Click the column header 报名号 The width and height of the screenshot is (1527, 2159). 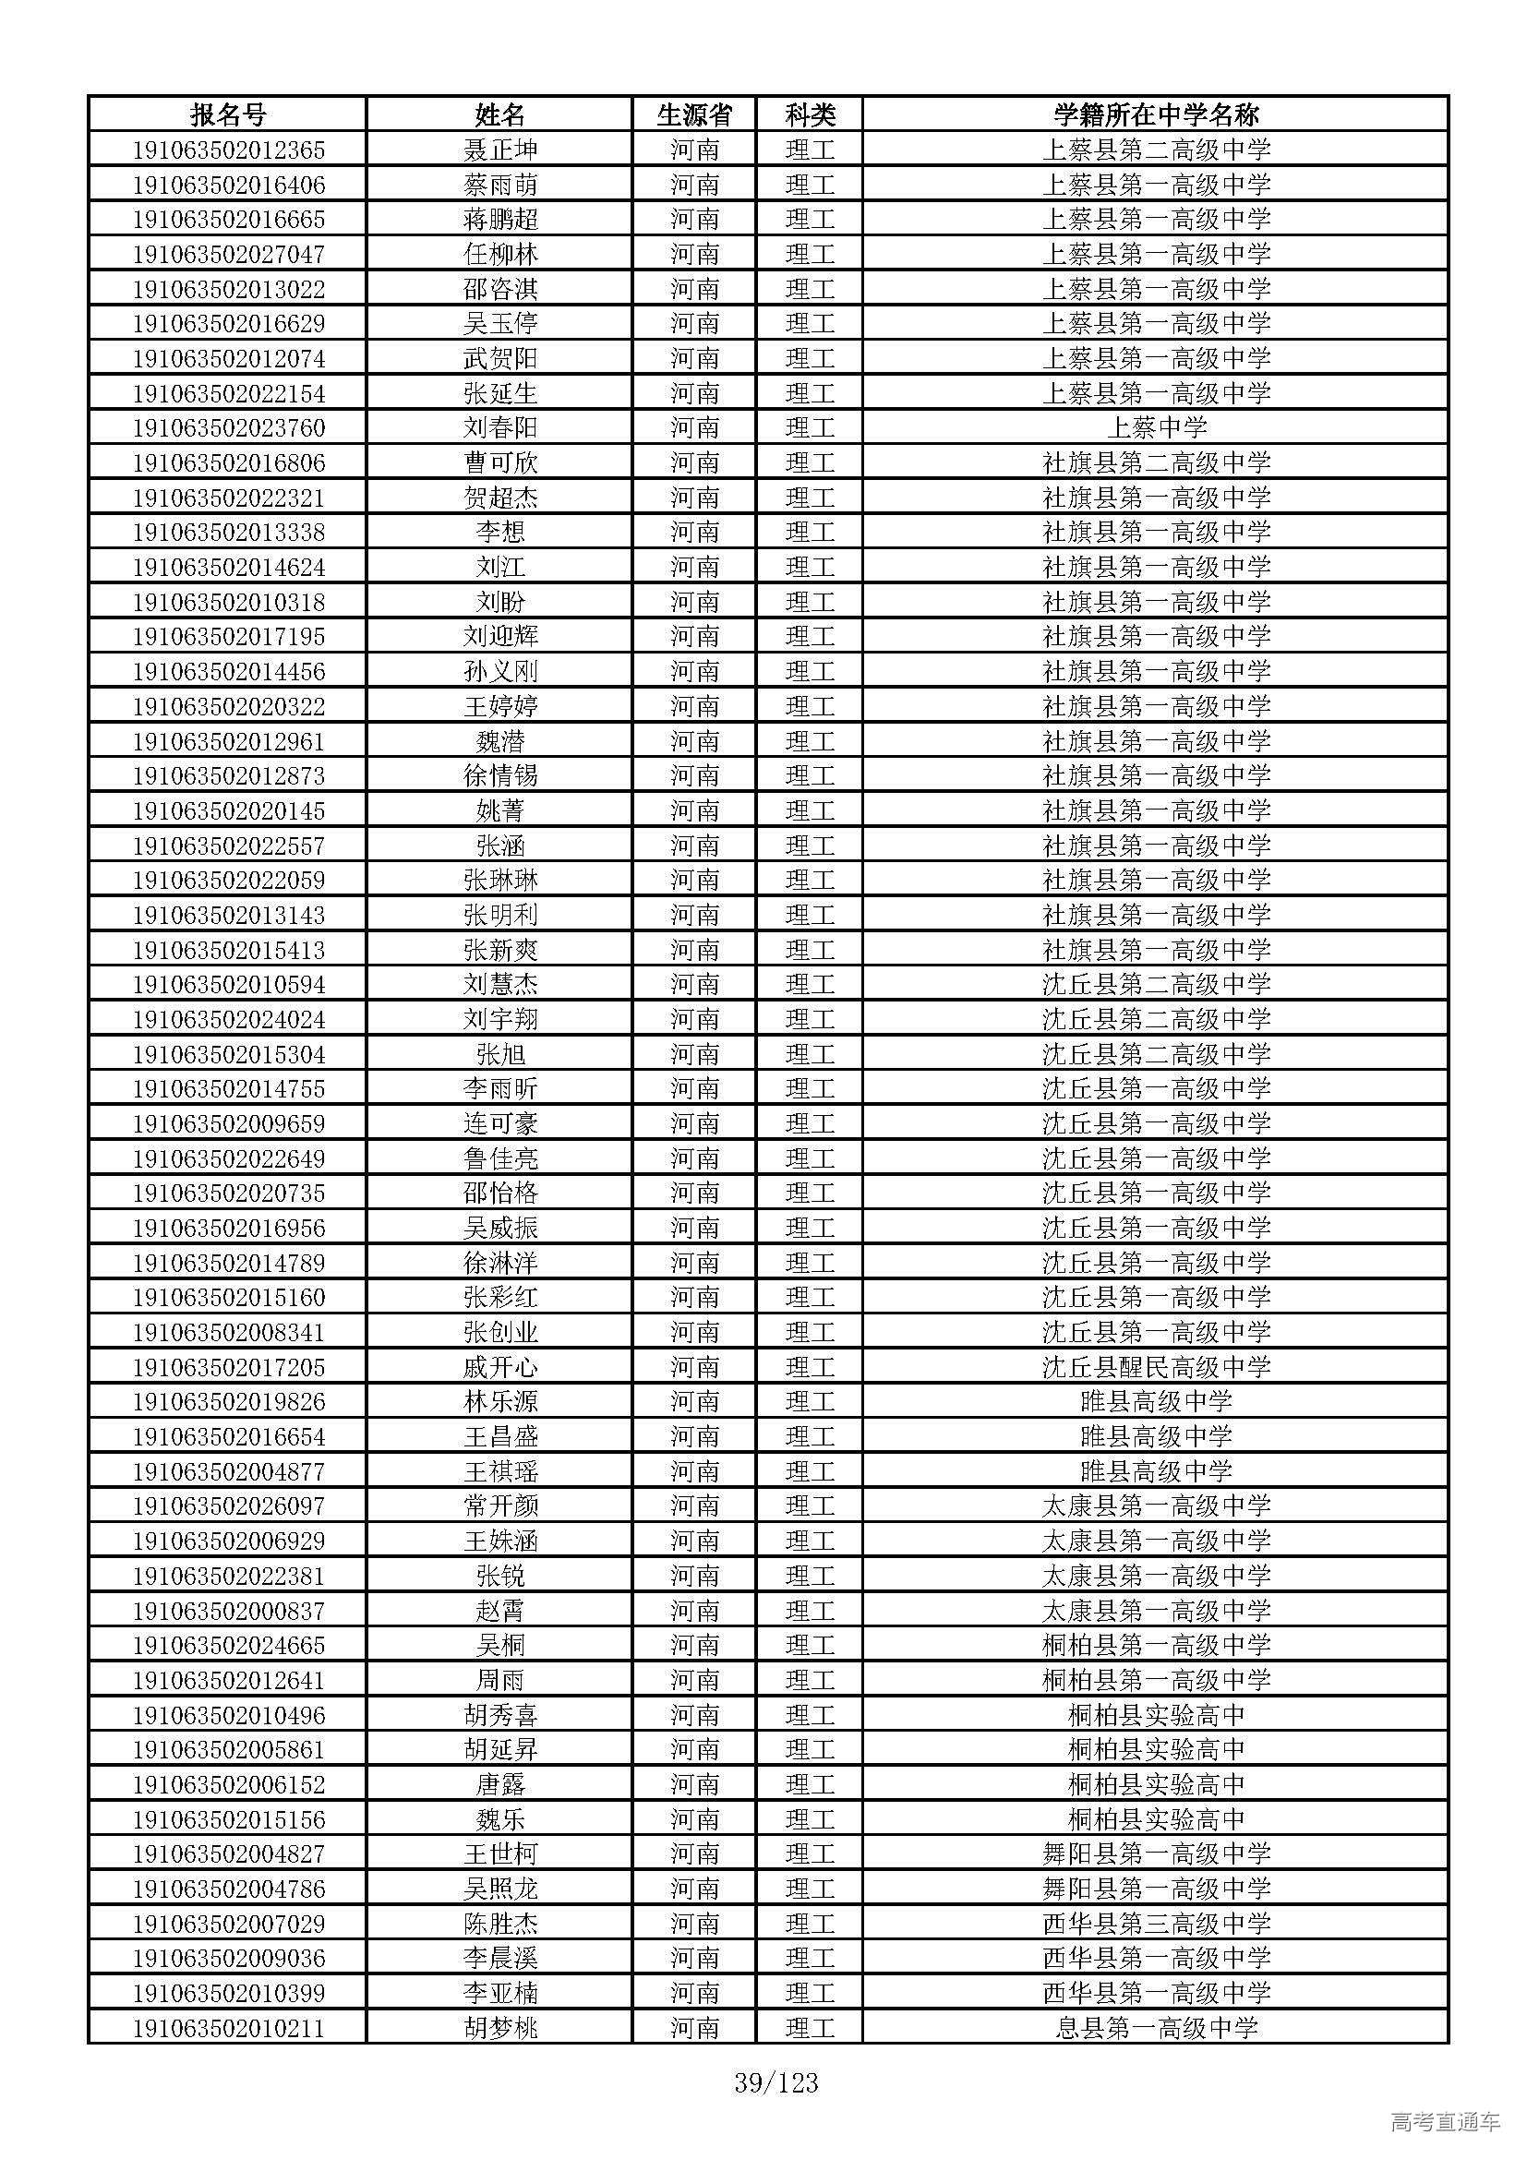(x=227, y=114)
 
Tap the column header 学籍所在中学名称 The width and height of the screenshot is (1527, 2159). (x=1156, y=114)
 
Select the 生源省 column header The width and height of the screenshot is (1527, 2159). (x=694, y=114)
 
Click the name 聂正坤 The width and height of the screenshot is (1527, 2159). (x=500, y=150)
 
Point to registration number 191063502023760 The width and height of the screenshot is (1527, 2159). (x=228, y=428)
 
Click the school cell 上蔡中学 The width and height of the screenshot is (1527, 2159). (x=1156, y=428)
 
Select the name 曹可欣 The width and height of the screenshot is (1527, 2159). (x=500, y=462)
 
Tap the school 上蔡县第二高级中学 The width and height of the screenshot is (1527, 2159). (x=1156, y=150)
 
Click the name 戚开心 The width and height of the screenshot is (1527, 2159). (x=500, y=1367)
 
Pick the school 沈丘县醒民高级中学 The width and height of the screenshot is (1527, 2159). (x=1156, y=1367)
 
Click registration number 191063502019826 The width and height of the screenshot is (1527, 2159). (x=228, y=1402)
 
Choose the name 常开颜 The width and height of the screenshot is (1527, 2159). (x=500, y=1506)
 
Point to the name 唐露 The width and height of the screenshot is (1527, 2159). (x=500, y=1785)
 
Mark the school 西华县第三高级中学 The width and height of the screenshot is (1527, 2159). (x=1156, y=1924)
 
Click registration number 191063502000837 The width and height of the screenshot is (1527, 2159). (x=228, y=1611)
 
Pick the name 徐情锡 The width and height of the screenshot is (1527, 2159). (x=500, y=775)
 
